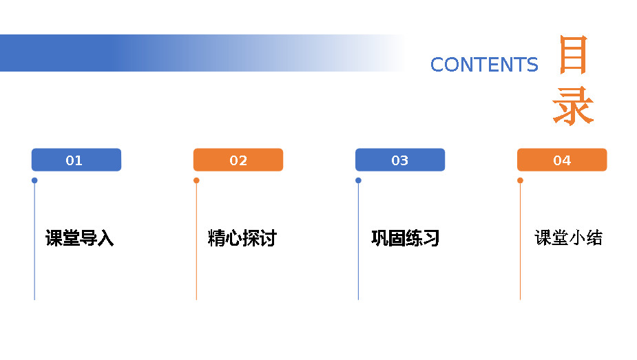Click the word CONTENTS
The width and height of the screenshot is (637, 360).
[x=484, y=65]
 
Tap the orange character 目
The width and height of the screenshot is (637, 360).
[x=573, y=55]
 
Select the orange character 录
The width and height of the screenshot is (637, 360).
[x=573, y=105]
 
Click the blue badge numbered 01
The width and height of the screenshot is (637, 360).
[x=76, y=160]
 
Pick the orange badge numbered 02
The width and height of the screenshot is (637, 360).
[x=238, y=160]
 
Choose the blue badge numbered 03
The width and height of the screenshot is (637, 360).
[x=400, y=160]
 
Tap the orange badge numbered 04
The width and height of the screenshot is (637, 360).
[x=562, y=160]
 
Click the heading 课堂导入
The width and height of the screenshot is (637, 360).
[x=80, y=238]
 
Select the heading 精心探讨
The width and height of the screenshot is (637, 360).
[x=242, y=238]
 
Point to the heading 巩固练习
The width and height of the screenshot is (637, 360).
[x=406, y=238]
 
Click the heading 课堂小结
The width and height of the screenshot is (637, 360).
[x=568, y=238]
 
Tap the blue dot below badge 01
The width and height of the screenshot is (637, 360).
[x=34, y=180]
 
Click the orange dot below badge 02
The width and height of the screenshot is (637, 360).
[x=196, y=180]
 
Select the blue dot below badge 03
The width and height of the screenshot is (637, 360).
[x=358, y=180]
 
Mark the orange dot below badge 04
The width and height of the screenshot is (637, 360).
[x=520, y=180]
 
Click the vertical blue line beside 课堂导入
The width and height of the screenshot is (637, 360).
[x=34, y=242]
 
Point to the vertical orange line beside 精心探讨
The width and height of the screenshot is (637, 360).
[x=196, y=242]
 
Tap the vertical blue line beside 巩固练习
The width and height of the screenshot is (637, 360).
[x=358, y=242]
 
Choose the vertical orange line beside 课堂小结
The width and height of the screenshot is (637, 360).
[x=520, y=242]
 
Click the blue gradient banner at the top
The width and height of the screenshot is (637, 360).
[x=202, y=53]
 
